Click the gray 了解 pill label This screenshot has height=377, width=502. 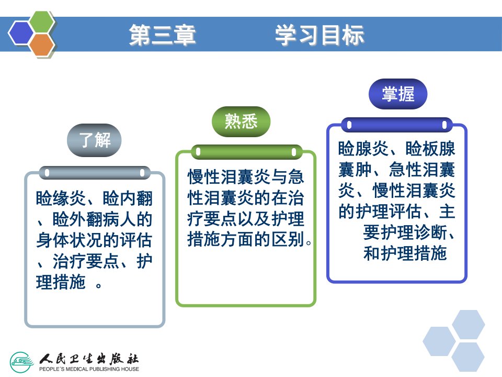click(x=94, y=140)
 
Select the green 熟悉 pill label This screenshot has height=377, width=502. click(x=241, y=121)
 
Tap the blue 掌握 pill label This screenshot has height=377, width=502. click(x=398, y=94)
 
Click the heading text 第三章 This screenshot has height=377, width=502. click(x=162, y=35)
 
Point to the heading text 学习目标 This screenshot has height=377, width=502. click(x=319, y=35)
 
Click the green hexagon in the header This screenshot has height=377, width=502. click(x=41, y=22)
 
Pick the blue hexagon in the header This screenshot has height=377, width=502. click(x=21, y=33)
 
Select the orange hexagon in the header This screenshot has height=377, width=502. click(x=42, y=44)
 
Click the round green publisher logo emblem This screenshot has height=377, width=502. click(x=21, y=362)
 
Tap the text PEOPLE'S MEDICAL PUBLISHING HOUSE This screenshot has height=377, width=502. click(x=89, y=369)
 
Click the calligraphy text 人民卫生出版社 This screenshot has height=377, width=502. click(x=89, y=358)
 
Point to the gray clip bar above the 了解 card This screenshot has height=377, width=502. click(x=95, y=173)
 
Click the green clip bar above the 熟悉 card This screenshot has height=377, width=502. click(x=246, y=152)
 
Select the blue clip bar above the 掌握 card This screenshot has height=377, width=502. click(x=397, y=125)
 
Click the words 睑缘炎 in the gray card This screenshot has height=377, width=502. click(x=61, y=198)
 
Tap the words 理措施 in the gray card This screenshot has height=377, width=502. click(x=61, y=282)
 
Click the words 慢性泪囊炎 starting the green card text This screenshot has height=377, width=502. click(x=229, y=177)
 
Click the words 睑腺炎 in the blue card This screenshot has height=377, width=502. click(x=363, y=149)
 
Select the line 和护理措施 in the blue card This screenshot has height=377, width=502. click(x=405, y=253)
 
